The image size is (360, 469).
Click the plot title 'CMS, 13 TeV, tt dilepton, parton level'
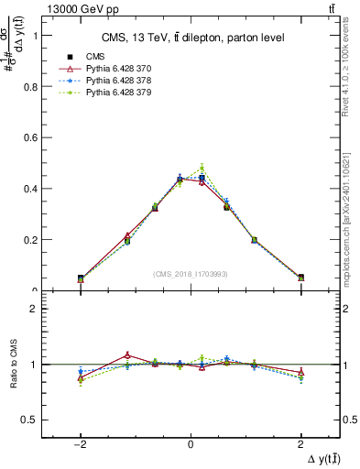191,38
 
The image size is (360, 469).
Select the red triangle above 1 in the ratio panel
127,354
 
